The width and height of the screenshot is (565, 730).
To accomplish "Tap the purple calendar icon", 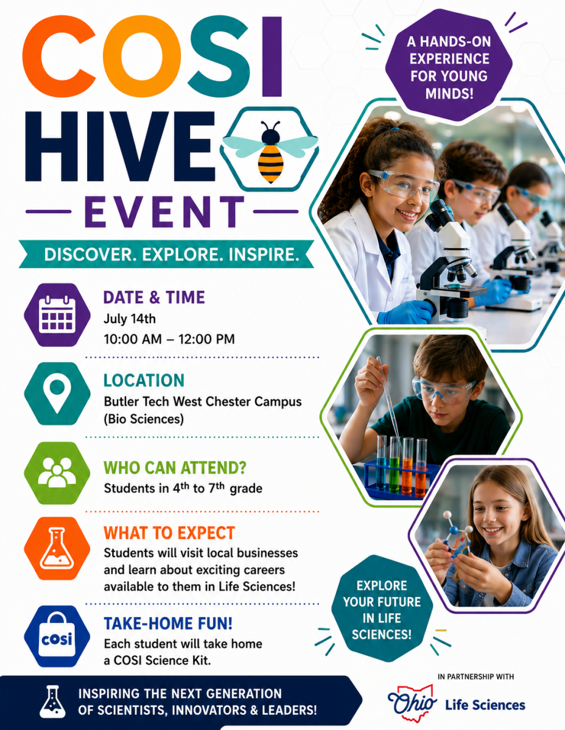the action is point(57,315).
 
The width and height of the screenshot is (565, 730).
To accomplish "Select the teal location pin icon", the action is point(57,394).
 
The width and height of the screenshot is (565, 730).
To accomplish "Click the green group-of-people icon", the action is point(57,473).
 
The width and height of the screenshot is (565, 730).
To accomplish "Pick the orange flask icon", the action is point(57,548).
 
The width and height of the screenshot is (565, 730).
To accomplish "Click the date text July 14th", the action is point(130,319).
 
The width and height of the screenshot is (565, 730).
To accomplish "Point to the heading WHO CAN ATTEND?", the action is point(175,468).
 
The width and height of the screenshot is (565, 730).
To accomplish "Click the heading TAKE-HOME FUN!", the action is point(168,624).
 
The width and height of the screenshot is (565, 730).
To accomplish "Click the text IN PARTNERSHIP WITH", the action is point(476,676).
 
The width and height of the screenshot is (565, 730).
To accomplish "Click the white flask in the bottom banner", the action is point(52,702).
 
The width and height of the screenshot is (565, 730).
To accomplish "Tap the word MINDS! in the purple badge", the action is point(449,93).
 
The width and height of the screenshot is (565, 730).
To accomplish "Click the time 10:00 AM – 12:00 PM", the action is point(169,339).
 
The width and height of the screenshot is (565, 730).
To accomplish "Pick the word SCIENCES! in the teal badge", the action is point(382,634).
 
